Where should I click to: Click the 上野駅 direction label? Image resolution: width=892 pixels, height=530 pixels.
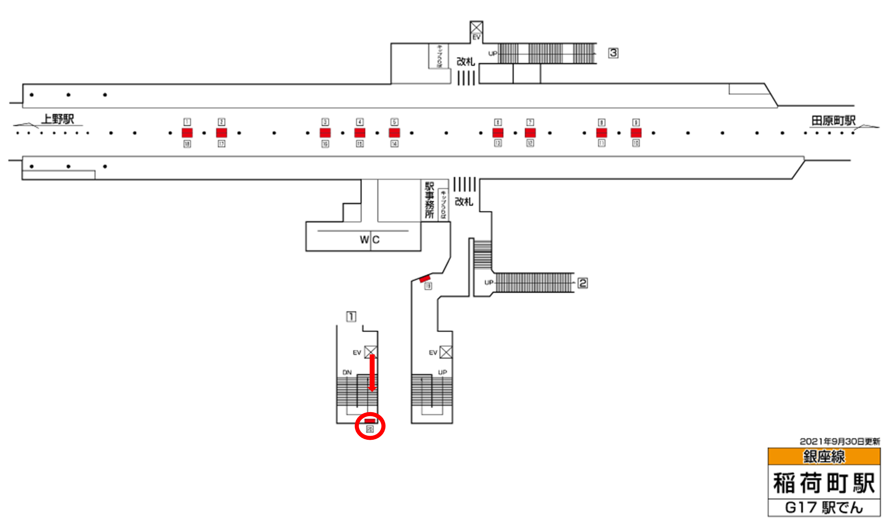point(57,119)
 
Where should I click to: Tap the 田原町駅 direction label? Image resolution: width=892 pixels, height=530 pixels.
point(833,121)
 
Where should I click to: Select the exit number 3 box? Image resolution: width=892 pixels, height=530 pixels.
point(613,53)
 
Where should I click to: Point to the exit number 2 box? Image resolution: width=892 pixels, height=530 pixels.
point(582,283)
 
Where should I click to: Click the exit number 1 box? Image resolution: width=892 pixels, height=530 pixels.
point(351,316)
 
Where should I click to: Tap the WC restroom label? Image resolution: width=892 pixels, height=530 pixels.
point(369,240)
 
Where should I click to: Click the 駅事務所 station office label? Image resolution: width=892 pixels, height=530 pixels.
point(429,200)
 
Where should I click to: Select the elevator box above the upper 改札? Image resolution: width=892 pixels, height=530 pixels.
point(476,27)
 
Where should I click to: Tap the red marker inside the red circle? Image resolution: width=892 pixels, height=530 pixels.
point(369,421)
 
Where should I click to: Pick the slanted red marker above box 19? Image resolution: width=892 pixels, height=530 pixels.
point(425,278)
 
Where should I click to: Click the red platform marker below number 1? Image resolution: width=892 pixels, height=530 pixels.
point(187,133)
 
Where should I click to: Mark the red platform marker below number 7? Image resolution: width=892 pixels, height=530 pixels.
point(530,133)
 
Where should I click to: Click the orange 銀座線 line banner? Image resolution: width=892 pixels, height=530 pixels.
point(824,457)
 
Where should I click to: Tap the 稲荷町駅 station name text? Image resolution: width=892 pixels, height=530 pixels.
point(824,483)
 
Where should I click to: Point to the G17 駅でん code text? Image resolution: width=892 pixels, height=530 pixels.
point(824,508)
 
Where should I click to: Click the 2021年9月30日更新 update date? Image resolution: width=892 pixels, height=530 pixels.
point(839,442)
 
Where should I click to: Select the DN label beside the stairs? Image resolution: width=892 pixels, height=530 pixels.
point(347,372)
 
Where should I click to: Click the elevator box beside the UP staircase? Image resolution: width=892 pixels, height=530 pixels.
point(445,353)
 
